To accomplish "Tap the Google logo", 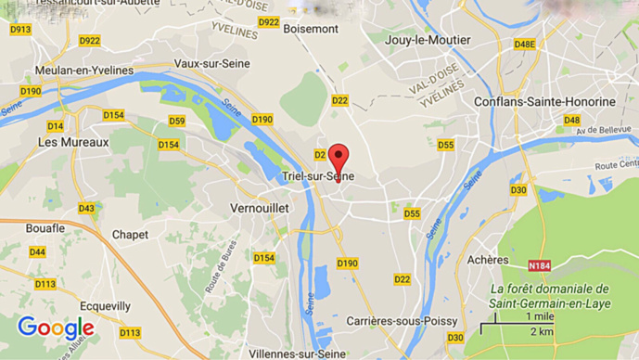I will (x=56, y=328).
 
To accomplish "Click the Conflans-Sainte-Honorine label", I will (x=543, y=101).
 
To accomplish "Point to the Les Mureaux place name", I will (x=73, y=142).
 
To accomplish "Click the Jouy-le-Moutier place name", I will (x=431, y=40).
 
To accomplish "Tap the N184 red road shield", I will (x=539, y=266).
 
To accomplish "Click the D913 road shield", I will (x=20, y=30).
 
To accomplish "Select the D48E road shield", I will (x=525, y=44).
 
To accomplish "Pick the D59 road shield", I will (x=176, y=122).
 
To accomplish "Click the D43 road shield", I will (x=86, y=208).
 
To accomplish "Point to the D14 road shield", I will (x=56, y=125).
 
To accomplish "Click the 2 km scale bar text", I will (x=543, y=331).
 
